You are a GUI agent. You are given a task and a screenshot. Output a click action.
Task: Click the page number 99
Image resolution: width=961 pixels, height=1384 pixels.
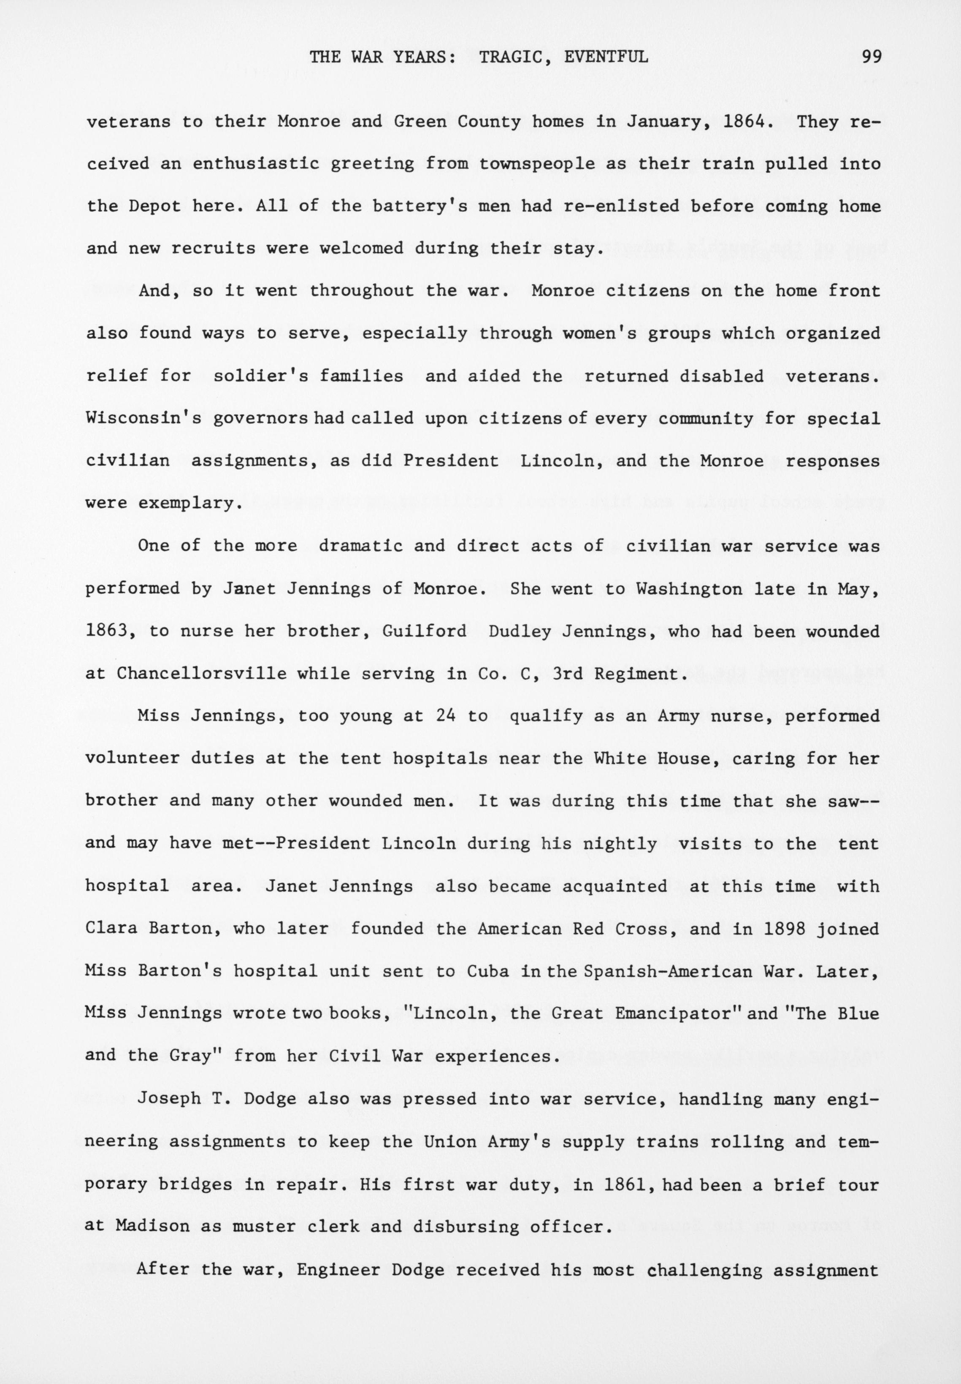pos(871,57)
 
